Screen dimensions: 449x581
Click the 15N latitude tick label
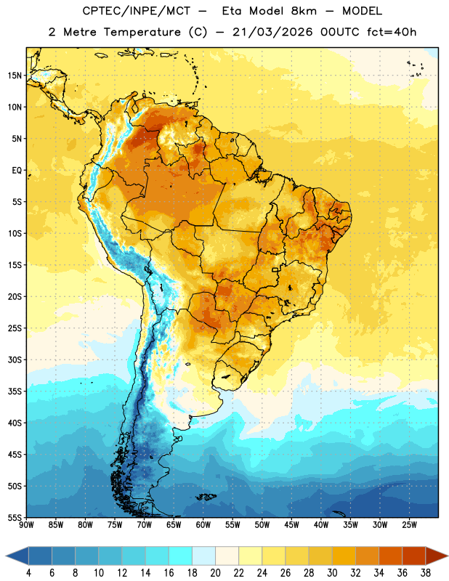(15, 76)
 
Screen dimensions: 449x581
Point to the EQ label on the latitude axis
(17, 171)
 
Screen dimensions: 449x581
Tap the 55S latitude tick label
(15, 518)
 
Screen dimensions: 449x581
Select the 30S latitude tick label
(15, 359)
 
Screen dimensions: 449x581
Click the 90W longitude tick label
(26, 525)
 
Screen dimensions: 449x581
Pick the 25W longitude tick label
(409, 525)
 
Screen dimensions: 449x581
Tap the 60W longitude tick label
(203, 525)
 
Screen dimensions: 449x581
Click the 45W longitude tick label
(291, 525)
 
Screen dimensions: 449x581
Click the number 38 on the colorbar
(426, 573)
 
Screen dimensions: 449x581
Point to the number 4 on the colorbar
(28, 573)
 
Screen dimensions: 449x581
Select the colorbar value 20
(215, 573)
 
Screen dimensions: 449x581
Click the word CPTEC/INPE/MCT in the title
(136, 11)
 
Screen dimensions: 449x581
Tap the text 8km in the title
(304, 11)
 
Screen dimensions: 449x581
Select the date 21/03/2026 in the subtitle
(272, 32)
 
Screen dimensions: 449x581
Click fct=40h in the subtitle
(392, 32)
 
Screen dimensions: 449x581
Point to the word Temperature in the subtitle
(142, 32)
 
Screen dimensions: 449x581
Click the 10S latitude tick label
(15, 233)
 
